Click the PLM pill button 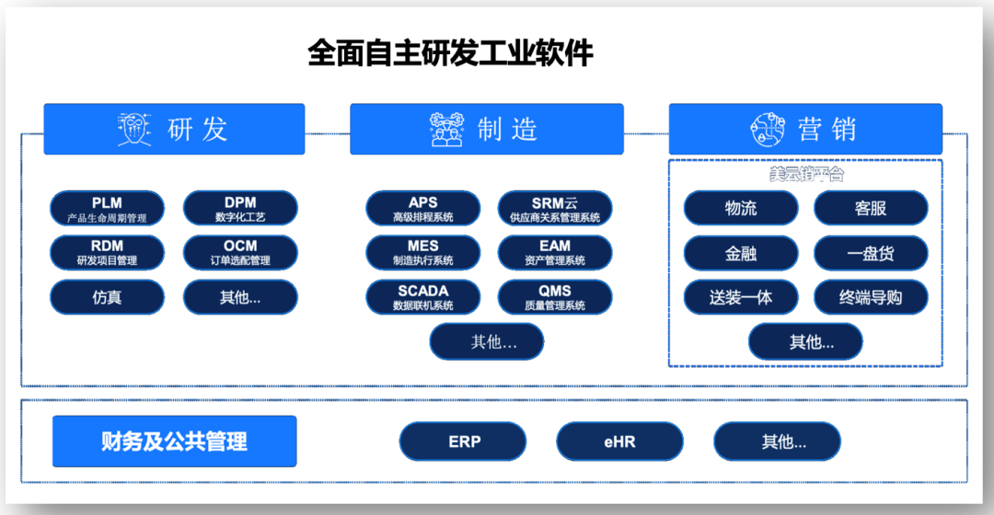(107, 209)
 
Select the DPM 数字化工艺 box (240, 209)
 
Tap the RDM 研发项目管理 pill (107, 252)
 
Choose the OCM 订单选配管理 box (240, 252)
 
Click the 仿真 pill (107, 297)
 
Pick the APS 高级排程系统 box (423, 209)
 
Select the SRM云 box (555, 209)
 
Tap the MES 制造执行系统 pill (423, 252)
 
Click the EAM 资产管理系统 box (555, 252)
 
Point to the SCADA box (423, 297)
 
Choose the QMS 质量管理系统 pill (555, 297)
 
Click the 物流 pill (740, 208)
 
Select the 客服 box (871, 208)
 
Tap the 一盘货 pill (871, 253)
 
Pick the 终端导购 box (871, 297)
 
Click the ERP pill (465, 441)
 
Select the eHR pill (620, 441)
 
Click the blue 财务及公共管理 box (174, 441)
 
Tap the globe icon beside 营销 (767, 130)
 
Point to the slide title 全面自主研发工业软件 (451, 53)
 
